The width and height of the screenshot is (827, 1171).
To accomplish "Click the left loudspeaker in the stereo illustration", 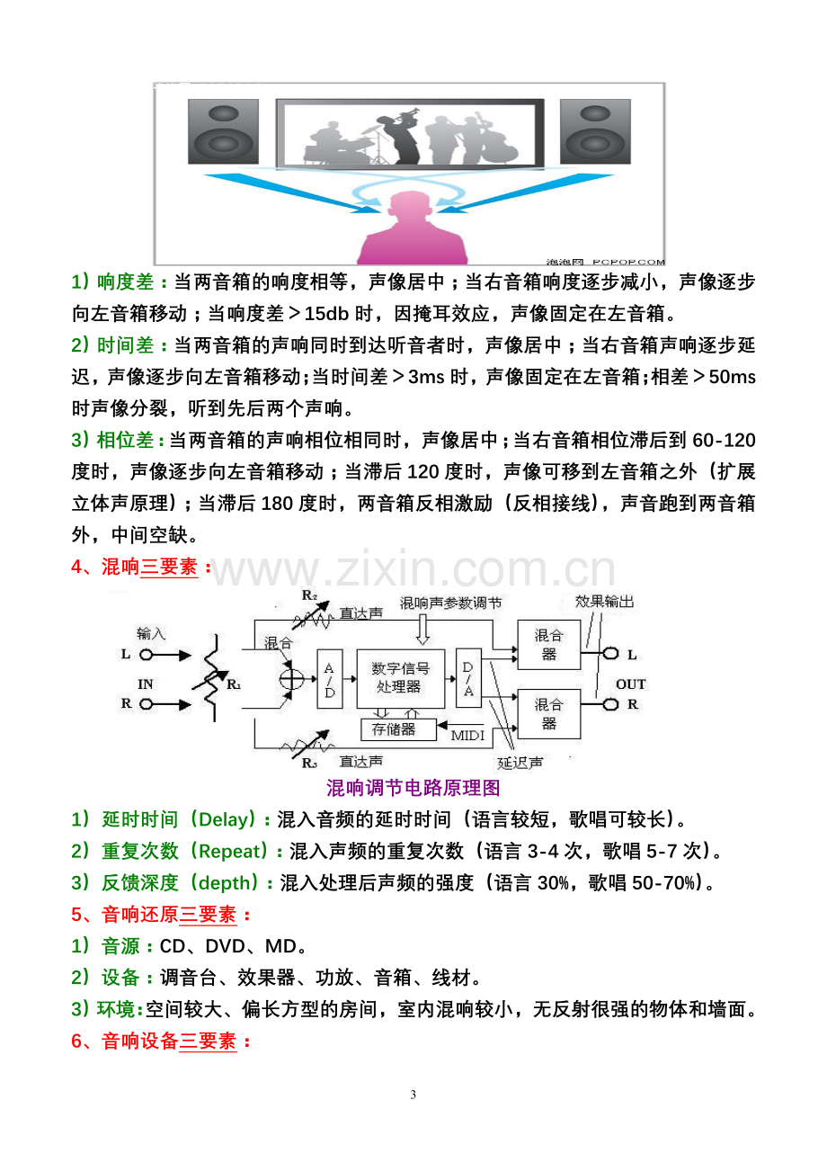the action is coord(224,131).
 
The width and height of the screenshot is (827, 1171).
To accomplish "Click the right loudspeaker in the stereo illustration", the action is coord(595,131).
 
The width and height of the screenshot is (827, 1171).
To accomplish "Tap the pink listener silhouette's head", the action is coord(412,209).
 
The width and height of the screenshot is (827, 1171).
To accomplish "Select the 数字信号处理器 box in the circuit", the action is coord(401,678).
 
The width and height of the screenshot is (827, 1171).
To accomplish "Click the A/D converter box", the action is coord(330,678).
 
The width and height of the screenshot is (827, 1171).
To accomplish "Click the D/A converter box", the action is coord(468,678).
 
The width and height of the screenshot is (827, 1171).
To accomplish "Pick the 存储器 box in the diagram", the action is coord(398,729).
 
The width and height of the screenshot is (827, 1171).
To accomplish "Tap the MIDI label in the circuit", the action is coord(467,736).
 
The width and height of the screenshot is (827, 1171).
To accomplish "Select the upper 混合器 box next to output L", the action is coord(548,645).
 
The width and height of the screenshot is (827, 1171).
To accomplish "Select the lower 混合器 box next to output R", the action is coord(548,714).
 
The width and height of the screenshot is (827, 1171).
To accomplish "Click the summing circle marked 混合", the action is coord(291,679).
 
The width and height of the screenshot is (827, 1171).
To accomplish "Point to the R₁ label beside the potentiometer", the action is coord(234,684).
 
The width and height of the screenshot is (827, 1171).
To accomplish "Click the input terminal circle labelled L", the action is coord(146,655).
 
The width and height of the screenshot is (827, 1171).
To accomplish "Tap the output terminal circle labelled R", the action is coord(610,705).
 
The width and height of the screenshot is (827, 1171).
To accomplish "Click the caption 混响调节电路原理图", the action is coord(413,788).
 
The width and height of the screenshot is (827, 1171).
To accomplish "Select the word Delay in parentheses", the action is coord(223,819).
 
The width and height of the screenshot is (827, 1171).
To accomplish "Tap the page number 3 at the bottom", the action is coord(413,1095).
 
